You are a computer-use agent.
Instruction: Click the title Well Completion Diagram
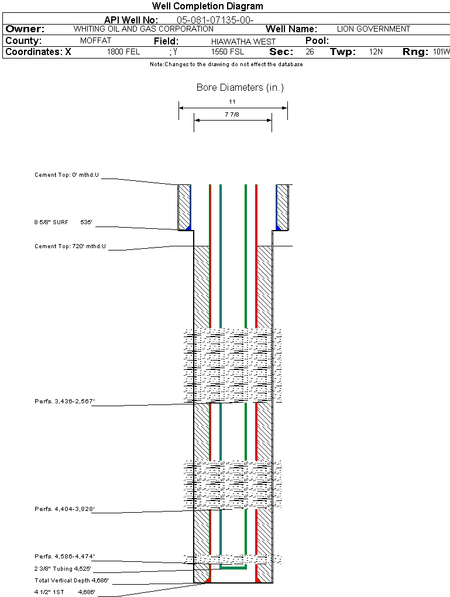[x=207, y=6]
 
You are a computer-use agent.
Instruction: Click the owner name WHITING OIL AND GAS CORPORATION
[x=143, y=29]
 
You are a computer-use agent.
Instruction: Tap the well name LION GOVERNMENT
[x=373, y=29]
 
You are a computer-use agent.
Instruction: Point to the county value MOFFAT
[x=95, y=41]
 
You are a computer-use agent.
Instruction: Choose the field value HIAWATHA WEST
[x=243, y=42]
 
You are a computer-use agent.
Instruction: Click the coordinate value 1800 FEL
[x=123, y=52]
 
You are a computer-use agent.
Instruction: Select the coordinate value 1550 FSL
[x=228, y=52]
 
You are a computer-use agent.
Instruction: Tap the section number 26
[x=310, y=52]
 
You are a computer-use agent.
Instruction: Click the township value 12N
[x=376, y=52]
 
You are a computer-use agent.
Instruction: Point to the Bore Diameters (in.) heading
[x=240, y=88]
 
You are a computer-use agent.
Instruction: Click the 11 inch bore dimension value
[x=232, y=101]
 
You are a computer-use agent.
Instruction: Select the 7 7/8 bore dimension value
[x=232, y=115]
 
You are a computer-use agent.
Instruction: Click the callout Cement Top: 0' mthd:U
[x=67, y=175]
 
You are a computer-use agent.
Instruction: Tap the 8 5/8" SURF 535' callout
[x=64, y=222]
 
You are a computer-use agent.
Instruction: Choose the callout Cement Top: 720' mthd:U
[x=70, y=246]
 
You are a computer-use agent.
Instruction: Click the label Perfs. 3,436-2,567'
[x=64, y=402]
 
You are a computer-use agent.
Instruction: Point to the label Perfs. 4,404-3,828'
[x=64, y=509]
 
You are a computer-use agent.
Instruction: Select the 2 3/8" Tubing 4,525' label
[x=63, y=568]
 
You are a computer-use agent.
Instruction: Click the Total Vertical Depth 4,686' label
[x=71, y=581]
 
